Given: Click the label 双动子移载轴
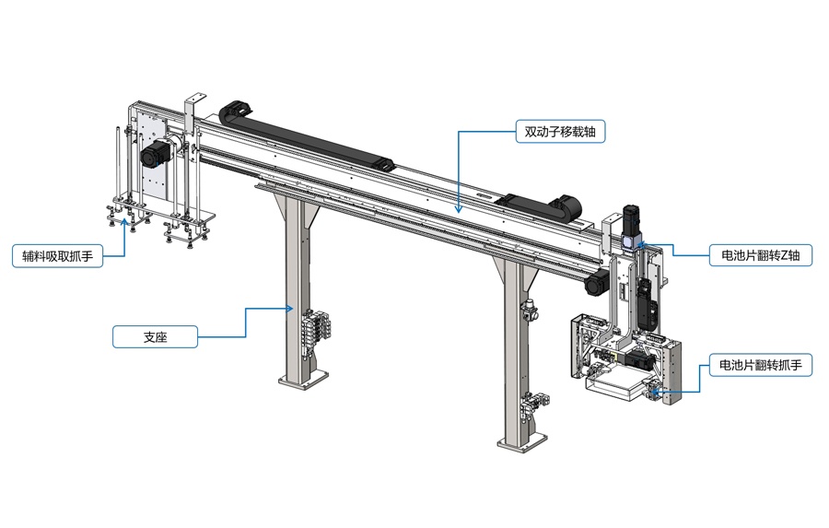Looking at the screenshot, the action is point(560,132).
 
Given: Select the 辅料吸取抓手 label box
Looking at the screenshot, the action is point(58,256).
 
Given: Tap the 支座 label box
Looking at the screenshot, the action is point(155,337).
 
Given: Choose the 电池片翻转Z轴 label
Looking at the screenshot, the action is point(760,255).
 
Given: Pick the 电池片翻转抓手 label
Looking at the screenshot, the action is point(760,365).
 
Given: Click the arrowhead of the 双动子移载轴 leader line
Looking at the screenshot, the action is point(459,209).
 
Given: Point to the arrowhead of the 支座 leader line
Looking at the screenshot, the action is point(290,309).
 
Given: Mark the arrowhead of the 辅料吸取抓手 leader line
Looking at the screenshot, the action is point(124,221).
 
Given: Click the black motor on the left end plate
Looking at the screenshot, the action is point(155,153).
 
